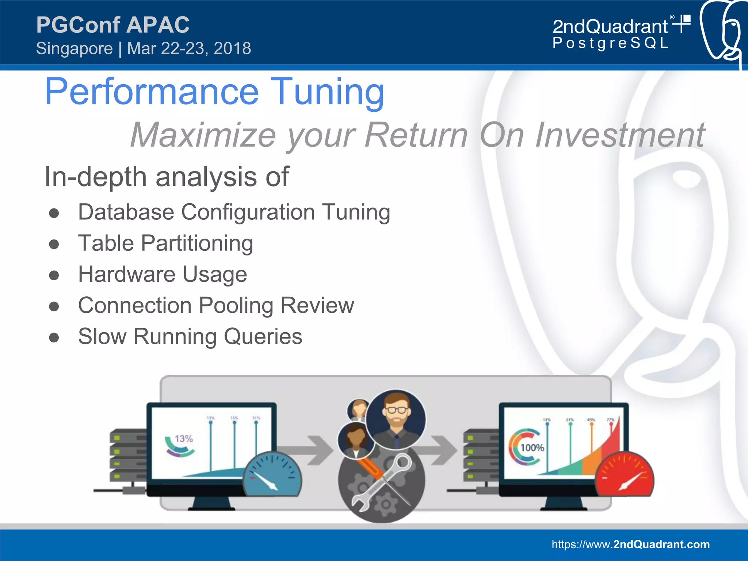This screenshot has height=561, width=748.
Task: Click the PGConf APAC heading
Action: point(113,25)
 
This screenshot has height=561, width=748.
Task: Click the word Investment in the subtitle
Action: point(620,135)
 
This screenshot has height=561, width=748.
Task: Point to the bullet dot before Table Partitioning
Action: point(54,244)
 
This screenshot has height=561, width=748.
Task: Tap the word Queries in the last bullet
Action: point(263,336)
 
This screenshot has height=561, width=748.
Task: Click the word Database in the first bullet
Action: point(126,212)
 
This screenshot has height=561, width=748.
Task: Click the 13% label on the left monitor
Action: point(183,438)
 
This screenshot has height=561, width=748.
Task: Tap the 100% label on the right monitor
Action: point(532,447)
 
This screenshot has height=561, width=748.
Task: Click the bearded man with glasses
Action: point(396,419)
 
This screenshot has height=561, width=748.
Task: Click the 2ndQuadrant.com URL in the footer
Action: point(630,544)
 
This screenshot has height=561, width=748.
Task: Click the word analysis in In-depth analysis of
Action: point(206,177)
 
